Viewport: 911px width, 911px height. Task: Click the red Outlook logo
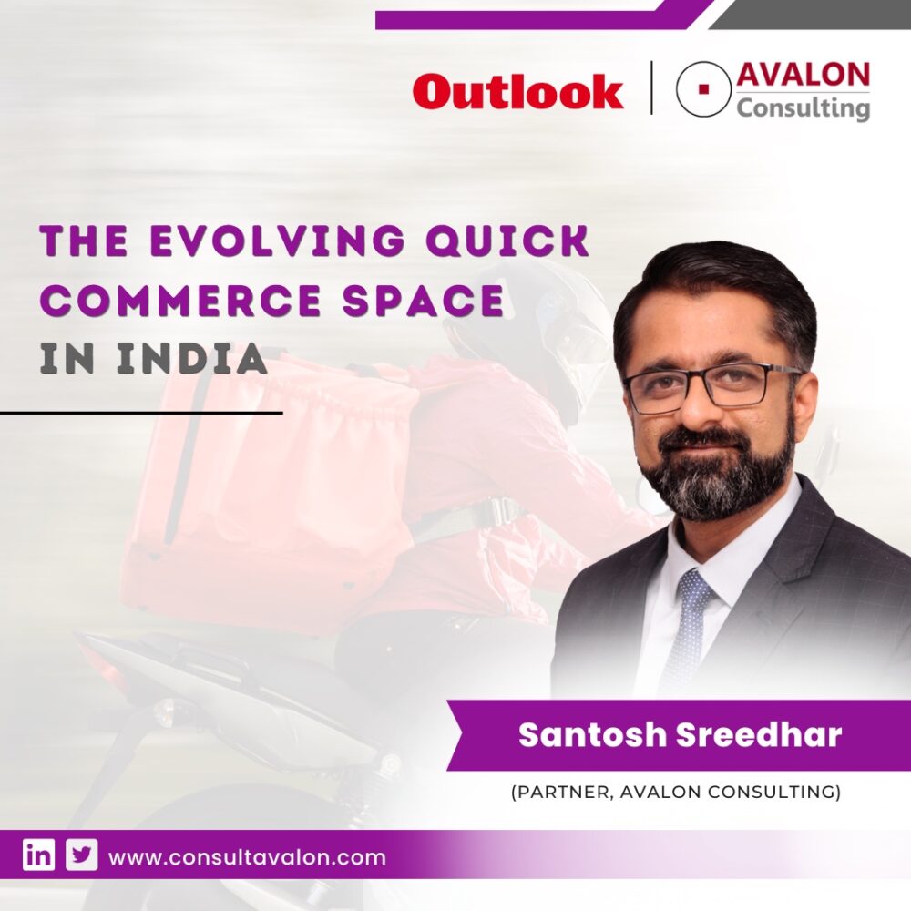(x=517, y=93)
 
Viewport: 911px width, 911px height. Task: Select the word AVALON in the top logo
(x=803, y=76)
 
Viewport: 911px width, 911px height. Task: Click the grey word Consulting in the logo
(x=803, y=109)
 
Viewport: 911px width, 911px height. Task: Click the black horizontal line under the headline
(x=141, y=413)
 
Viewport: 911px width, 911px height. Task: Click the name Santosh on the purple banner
(x=590, y=735)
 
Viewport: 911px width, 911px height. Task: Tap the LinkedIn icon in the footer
(x=38, y=856)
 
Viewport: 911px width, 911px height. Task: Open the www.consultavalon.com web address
(x=247, y=857)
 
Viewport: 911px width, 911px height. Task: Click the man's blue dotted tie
(x=689, y=629)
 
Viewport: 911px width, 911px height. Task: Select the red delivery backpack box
(x=273, y=483)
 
